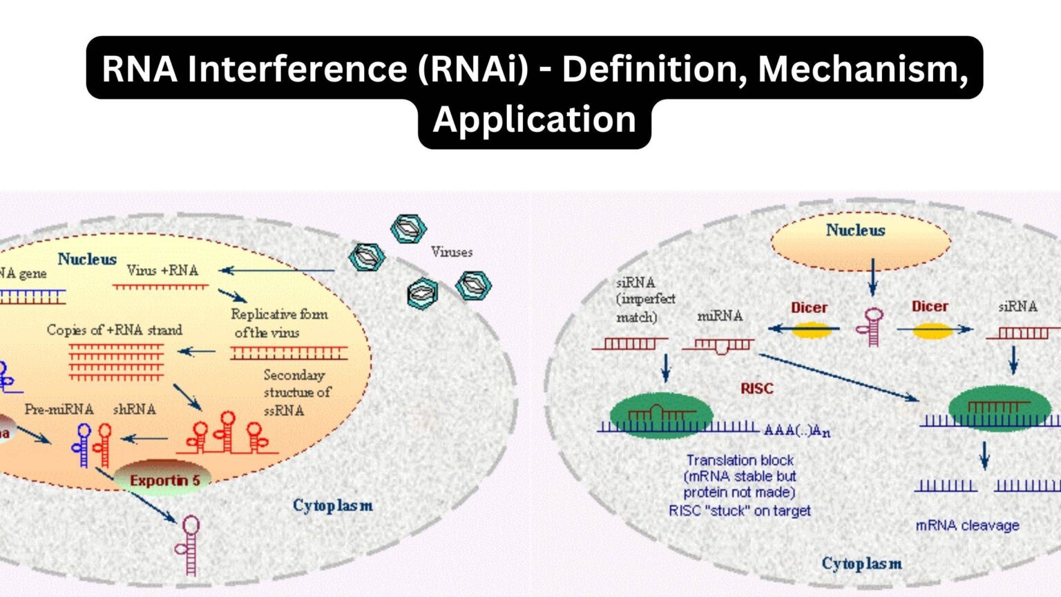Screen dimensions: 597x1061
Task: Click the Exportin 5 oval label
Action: coord(164,480)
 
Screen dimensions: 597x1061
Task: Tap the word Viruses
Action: coord(452,252)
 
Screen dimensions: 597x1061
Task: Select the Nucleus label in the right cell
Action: coord(855,231)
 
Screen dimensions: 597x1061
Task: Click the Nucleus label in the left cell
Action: coord(87,259)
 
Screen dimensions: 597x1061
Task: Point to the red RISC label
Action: coord(756,389)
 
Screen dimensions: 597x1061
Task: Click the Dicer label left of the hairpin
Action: coord(809,308)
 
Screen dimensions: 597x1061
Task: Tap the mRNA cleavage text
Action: coord(967,526)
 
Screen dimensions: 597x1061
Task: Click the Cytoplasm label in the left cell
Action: coord(332,506)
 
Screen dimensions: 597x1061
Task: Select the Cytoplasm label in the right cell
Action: coord(861,564)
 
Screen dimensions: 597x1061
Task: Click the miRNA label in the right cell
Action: coord(720,316)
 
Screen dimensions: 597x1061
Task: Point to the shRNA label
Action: coord(134,410)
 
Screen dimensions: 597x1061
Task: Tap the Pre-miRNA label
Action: coord(59,410)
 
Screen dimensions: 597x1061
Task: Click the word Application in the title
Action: coord(534,120)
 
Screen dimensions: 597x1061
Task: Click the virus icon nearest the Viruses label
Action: coord(409,229)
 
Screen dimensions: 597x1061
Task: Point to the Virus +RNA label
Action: coord(162,271)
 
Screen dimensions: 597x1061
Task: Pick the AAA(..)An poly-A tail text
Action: coord(796,430)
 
